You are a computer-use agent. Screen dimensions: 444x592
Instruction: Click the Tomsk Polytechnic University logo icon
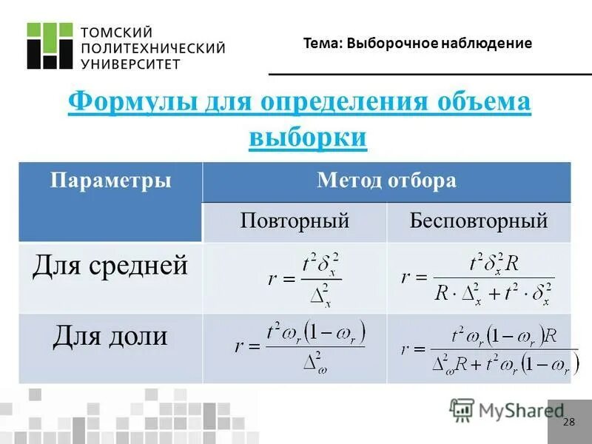[x=50, y=46]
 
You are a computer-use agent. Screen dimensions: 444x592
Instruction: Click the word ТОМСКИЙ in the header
[x=116, y=32]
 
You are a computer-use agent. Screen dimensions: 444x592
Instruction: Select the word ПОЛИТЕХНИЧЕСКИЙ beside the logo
[x=152, y=48]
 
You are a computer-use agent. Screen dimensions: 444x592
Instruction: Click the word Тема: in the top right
[x=323, y=44]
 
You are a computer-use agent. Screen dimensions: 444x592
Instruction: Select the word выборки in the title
[x=308, y=137]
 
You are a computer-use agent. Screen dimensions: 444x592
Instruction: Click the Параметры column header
[x=110, y=181]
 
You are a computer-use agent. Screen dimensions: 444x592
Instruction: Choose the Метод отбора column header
[x=386, y=181]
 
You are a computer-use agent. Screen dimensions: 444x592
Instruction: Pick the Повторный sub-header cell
[x=295, y=221]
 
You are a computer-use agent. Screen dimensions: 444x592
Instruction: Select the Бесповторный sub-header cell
[x=478, y=221]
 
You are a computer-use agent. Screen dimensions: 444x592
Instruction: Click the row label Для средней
[x=110, y=265]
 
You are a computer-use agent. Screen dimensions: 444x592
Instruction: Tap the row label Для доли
[x=110, y=336]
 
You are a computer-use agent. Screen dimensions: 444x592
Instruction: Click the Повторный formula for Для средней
[x=304, y=279]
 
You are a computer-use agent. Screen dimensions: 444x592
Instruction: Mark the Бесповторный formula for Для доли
[x=488, y=349]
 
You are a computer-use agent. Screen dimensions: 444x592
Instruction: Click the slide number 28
[x=568, y=422]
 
